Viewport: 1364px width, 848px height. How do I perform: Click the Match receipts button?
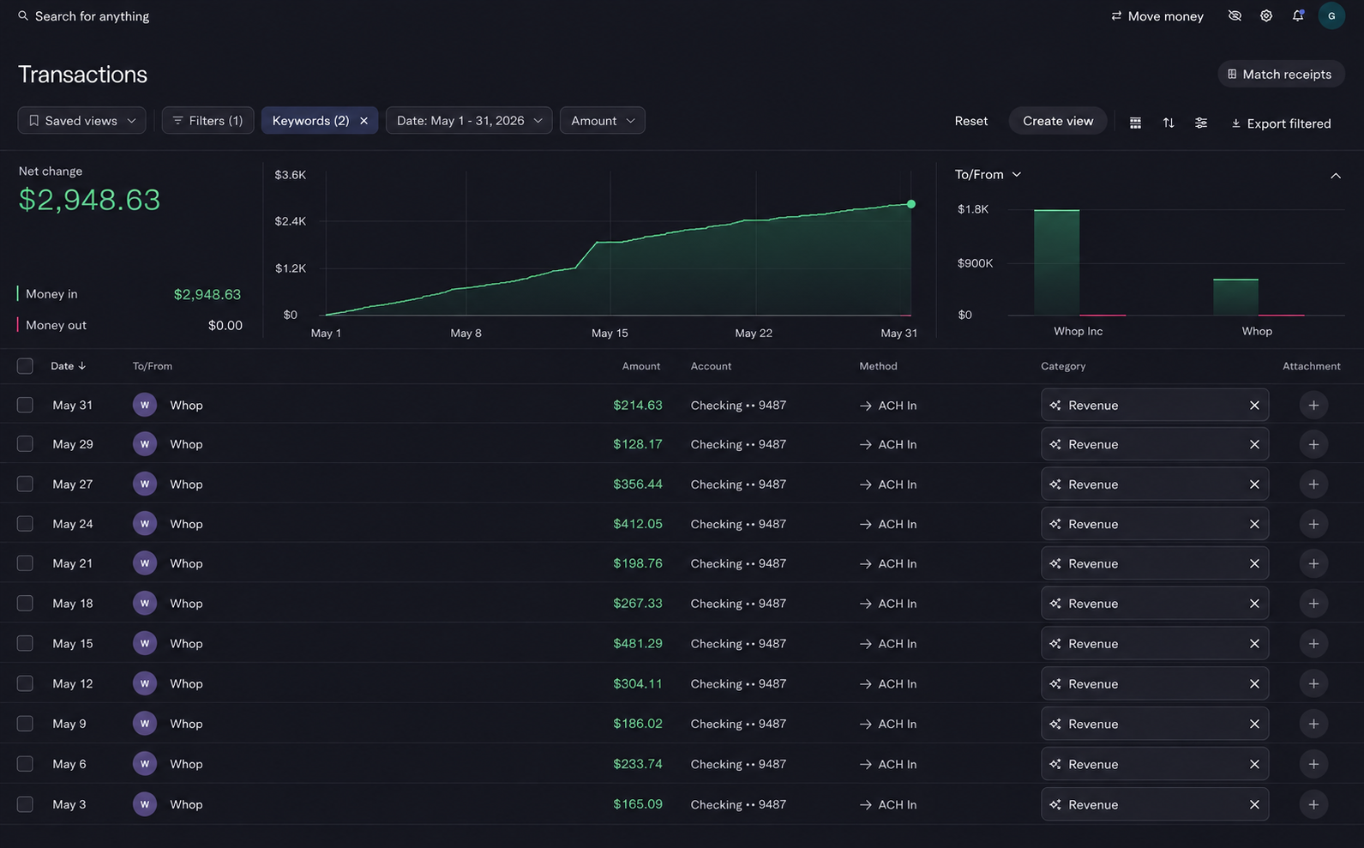click(1281, 75)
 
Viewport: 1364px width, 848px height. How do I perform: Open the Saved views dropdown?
click(81, 121)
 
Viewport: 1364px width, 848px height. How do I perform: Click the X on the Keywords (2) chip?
click(364, 121)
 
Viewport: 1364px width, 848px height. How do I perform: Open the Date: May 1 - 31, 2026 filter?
click(469, 121)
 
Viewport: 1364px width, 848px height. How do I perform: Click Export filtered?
click(1281, 123)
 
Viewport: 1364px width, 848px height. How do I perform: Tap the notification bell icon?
click(1298, 15)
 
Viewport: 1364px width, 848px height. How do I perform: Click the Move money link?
click(1157, 16)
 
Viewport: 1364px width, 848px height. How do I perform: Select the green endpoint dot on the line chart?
click(911, 204)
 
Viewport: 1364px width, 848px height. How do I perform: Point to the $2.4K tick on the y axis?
click(290, 221)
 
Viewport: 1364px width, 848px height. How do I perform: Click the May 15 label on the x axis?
click(610, 334)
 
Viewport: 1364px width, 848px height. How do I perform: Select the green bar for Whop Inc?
click(1056, 262)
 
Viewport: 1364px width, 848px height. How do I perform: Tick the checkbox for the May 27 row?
click(25, 484)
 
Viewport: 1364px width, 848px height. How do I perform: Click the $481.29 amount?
click(638, 643)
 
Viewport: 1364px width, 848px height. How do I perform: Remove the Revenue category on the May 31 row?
click(1254, 405)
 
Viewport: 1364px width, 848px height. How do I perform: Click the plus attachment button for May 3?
click(1313, 804)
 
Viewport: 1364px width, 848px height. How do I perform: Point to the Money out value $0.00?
click(225, 325)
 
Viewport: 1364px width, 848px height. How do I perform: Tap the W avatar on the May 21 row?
click(145, 563)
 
